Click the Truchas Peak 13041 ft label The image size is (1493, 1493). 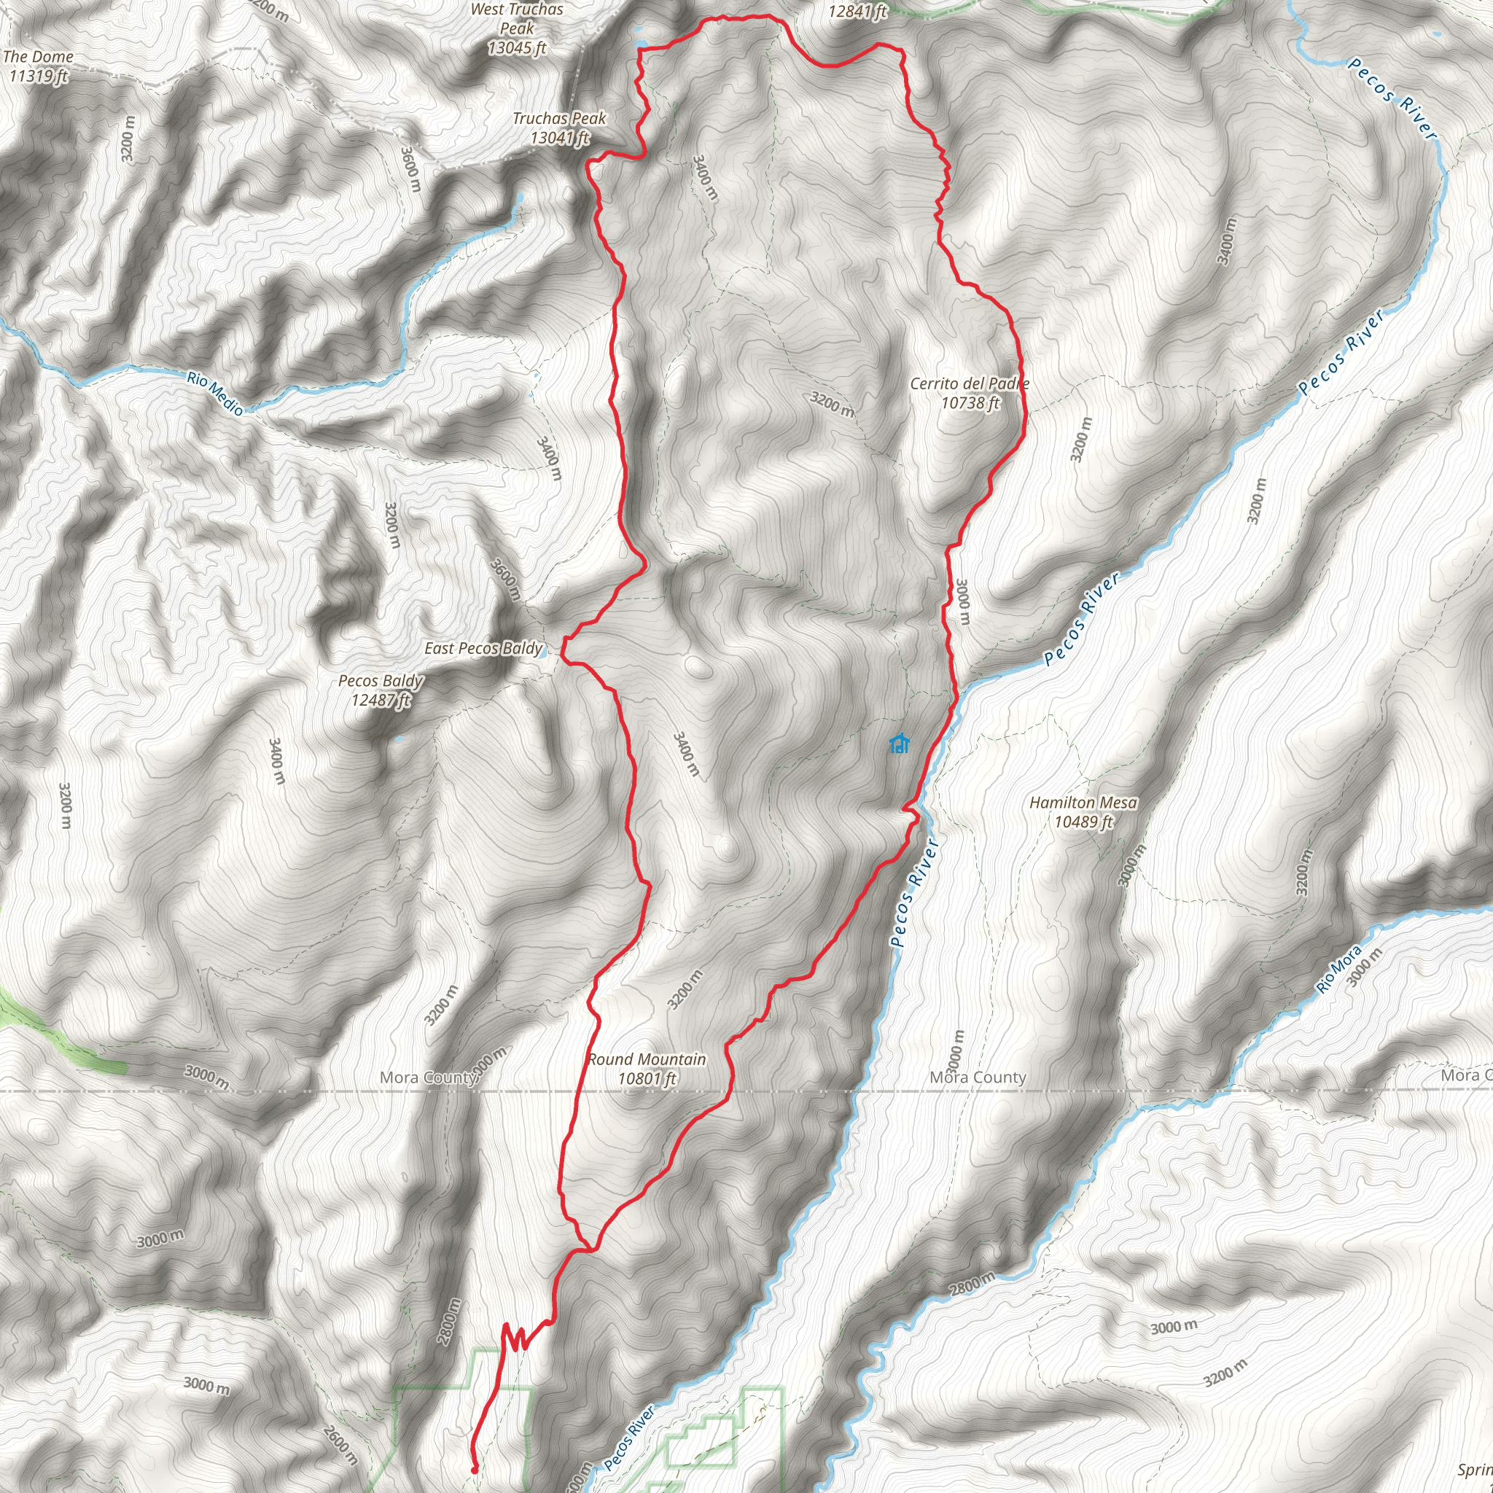click(x=558, y=128)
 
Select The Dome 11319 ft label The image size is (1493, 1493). click(x=38, y=66)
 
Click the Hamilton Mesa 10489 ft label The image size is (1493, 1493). click(x=1083, y=812)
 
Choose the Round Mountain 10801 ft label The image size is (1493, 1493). click(x=647, y=1069)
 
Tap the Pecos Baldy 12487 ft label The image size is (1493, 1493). click(x=381, y=690)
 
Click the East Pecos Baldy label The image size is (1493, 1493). click(x=483, y=648)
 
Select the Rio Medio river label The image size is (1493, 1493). click(x=215, y=394)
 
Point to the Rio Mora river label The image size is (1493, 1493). click(x=1338, y=970)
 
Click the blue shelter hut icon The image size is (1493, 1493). click(x=899, y=744)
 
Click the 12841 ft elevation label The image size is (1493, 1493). click(x=857, y=11)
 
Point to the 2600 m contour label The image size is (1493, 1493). click(x=340, y=1444)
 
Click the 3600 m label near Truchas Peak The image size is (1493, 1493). click(x=410, y=169)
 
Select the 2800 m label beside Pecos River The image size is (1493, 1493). click(x=972, y=1284)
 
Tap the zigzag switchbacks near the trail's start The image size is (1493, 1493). click(x=515, y=1337)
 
